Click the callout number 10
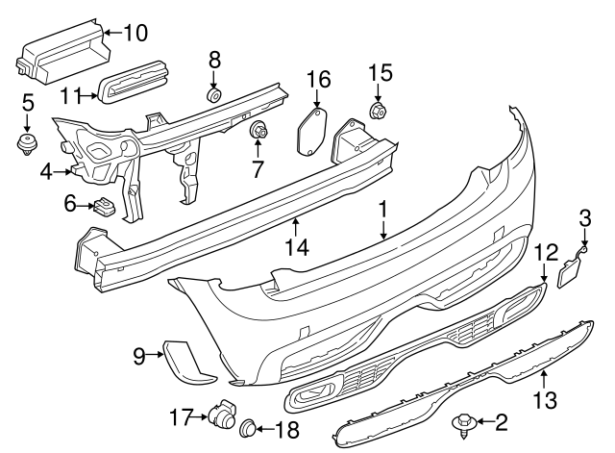coord(135,33)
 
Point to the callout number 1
coord(382,208)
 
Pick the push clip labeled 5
coord(27,144)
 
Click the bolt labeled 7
coord(258,130)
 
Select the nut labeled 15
coord(378,113)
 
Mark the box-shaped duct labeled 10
coord(60,54)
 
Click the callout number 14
coord(298,248)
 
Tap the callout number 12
coord(546,252)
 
